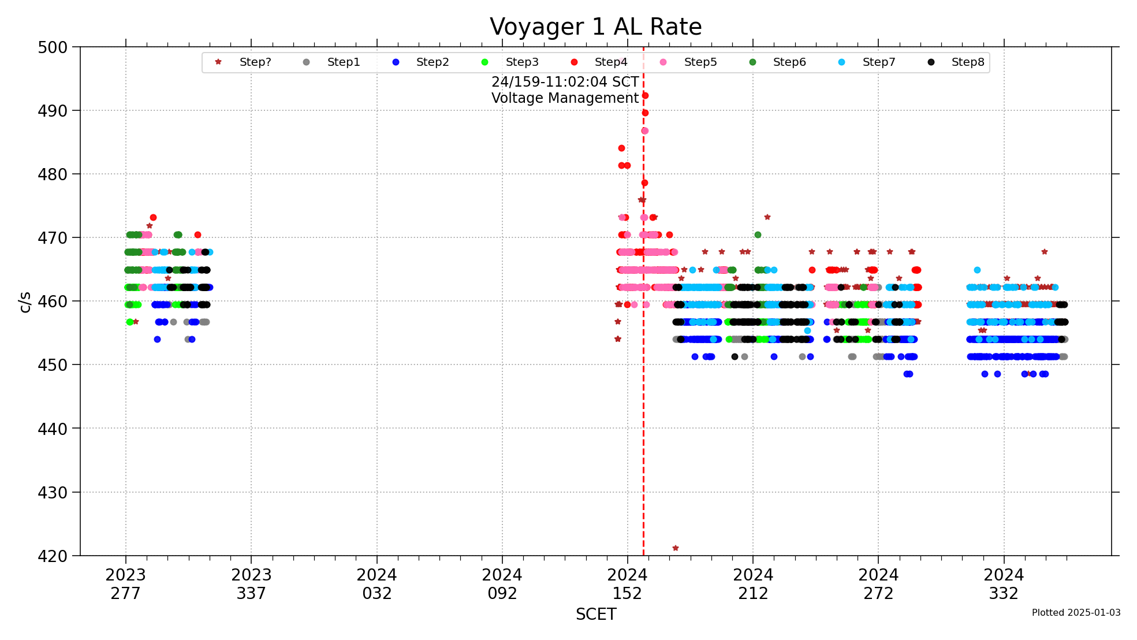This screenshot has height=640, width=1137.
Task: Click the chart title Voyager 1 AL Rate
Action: (x=595, y=27)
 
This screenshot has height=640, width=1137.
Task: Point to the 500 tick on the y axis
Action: (x=53, y=47)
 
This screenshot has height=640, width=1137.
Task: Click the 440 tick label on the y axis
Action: (x=53, y=429)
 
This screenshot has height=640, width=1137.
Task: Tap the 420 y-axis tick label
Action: (x=53, y=556)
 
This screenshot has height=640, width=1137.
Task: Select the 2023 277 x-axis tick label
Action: (x=125, y=584)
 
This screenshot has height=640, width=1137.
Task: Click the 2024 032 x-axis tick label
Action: (x=376, y=584)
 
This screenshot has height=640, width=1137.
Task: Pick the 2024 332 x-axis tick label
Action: (x=1004, y=584)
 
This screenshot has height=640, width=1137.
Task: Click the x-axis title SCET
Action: (x=595, y=614)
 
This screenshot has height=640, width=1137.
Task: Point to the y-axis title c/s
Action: (x=25, y=302)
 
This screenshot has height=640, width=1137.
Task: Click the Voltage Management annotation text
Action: (x=565, y=98)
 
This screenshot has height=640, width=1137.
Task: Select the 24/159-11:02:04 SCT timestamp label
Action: (x=565, y=82)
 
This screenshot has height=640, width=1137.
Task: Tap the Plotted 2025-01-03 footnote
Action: (x=1076, y=612)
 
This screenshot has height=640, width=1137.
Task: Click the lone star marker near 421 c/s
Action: (x=675, y=548)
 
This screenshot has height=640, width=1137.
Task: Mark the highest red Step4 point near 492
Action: (x=645, y=96)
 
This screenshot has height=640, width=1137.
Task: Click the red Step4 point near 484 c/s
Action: (x=621, y=148)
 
